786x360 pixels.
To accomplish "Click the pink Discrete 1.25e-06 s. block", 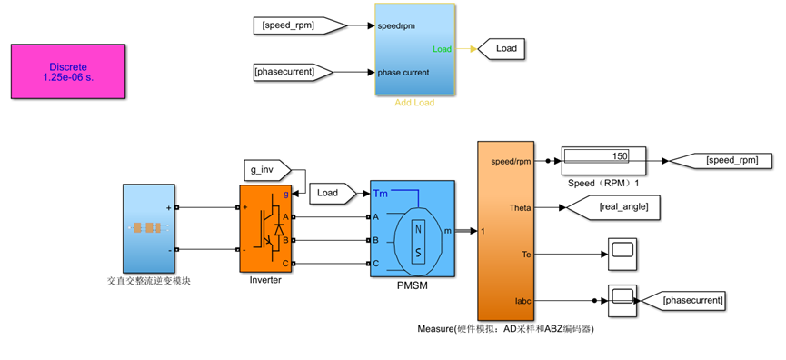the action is (x=68, y=71).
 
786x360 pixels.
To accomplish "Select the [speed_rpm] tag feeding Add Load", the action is (x=300, y=25).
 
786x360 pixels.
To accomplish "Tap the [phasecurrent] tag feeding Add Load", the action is (x=294, y=72).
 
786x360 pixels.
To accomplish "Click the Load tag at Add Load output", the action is (x=502, y=49).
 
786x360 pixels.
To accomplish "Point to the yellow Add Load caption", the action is (x=414, y=103).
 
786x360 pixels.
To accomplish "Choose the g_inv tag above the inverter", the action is (x=266, y=170).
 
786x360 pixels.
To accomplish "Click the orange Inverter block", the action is (x=266, y=228).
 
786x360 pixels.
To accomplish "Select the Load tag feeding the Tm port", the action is (x=333, y=193).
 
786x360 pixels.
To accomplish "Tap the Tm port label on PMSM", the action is (x=380, y=193).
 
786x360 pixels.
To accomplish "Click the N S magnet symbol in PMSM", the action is (x=418, y=242).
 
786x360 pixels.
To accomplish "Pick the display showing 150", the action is (x=603, y=161).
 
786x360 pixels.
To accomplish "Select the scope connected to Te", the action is (x=622, y=255).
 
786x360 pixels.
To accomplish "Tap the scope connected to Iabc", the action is (x=622, y=301).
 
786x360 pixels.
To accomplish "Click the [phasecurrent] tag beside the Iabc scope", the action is (x=683, y=301).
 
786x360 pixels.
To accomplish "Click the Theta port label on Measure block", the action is (x=520, y=207).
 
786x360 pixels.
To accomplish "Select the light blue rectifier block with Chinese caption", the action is (x=149, y=228).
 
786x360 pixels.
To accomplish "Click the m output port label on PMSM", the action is (x=447, y=230).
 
